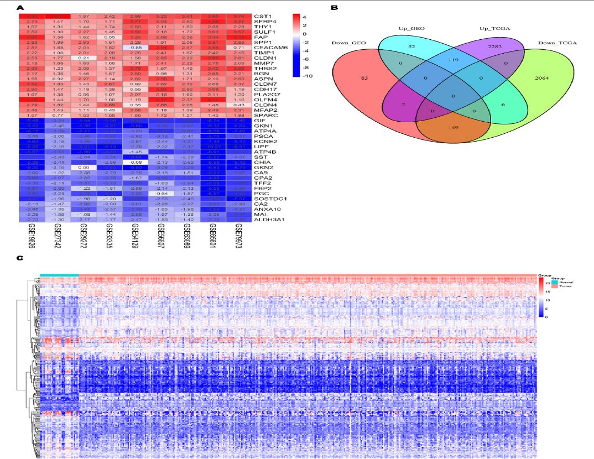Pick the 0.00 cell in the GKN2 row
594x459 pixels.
click(83, 166)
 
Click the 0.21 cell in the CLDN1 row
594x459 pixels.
click(83, 58)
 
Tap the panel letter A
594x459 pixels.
click(20, 8)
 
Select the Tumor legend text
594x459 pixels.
click(566, 287)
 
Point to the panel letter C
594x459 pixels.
click(20, 258)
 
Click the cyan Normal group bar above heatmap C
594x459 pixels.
click(59, 275)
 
